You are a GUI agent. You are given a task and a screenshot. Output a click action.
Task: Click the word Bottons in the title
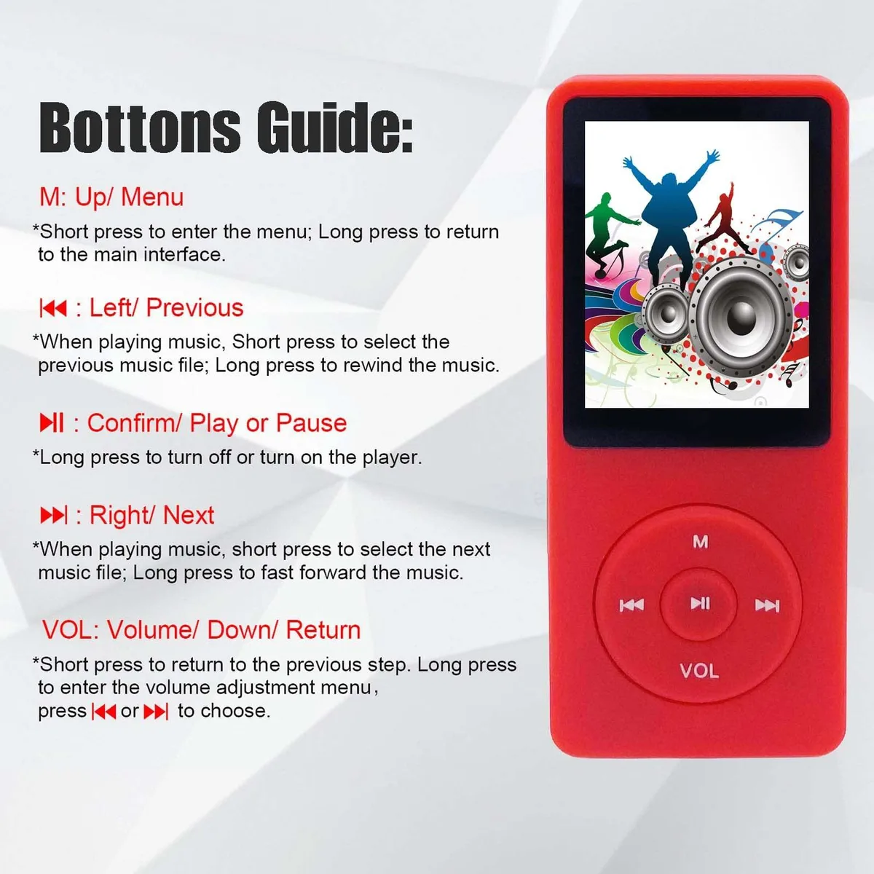coord(140,127)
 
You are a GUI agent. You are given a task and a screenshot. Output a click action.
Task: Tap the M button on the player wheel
coord(700,541)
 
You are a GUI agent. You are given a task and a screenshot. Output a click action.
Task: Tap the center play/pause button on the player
coord(699,603)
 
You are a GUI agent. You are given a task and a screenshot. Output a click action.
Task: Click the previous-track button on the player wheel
coord(631,605)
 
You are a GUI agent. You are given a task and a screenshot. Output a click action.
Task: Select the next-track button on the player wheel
coord(767,605)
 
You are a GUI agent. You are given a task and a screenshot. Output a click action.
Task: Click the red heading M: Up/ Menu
coord(111,198)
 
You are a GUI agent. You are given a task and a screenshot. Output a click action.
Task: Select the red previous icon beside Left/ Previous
coord(53,308)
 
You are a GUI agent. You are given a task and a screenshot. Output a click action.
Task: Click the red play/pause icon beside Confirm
coord(52,422)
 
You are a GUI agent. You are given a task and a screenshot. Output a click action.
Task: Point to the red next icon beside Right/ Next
coord(54,515)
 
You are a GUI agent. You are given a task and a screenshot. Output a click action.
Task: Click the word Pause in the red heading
coord(311,422)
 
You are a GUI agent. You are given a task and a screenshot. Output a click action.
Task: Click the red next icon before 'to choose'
coord(156,711)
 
